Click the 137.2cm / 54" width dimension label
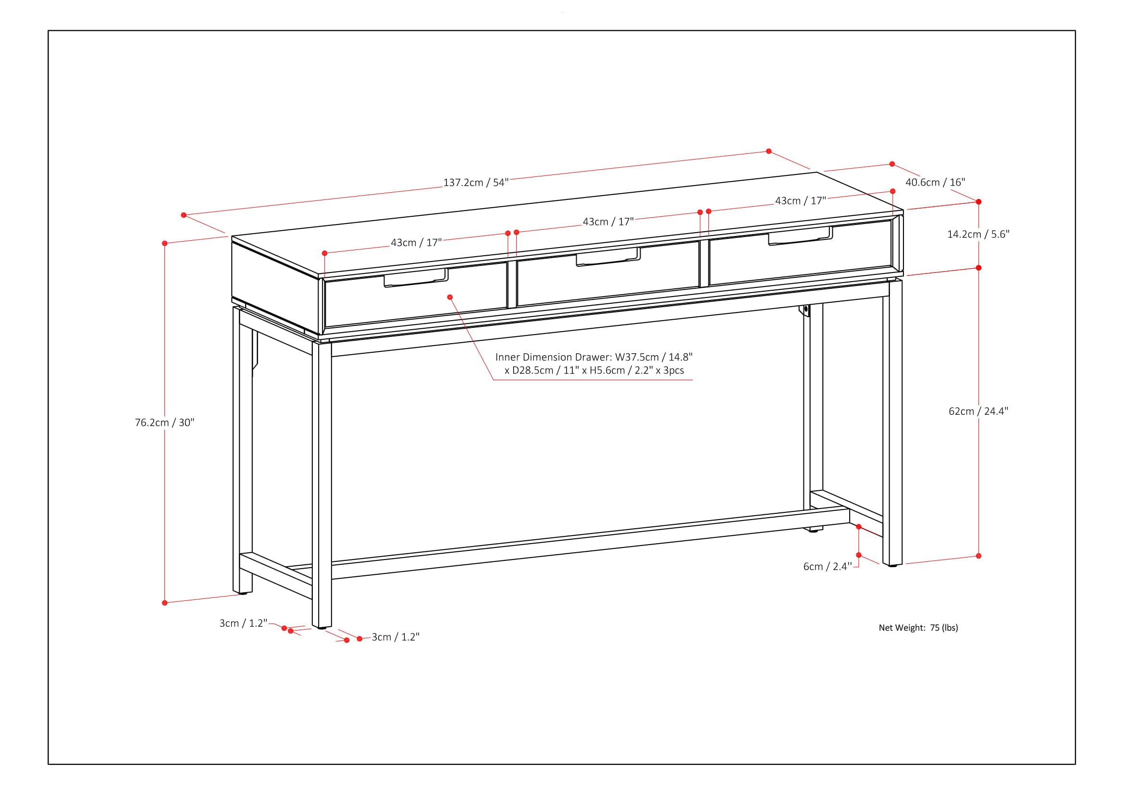coord(476,183)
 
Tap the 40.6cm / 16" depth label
coord(935,182)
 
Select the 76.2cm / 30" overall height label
coord(164,422)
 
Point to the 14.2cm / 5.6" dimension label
coord(978,234)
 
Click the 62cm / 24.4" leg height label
coord(978,411)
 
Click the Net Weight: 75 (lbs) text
coord(918,628)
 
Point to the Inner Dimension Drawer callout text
coord(594,364)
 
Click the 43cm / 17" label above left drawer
coord(416,243)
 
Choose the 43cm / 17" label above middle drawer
coord(608,222)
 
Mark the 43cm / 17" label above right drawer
coord(801,201)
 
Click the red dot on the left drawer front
coord(450,297)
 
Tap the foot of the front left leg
coord(321,627)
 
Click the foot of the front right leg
coord(892,565)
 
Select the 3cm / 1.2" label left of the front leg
coord(243,623)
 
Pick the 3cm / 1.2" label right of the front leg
coord(395,637)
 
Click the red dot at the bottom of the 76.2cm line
coord(164,603)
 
